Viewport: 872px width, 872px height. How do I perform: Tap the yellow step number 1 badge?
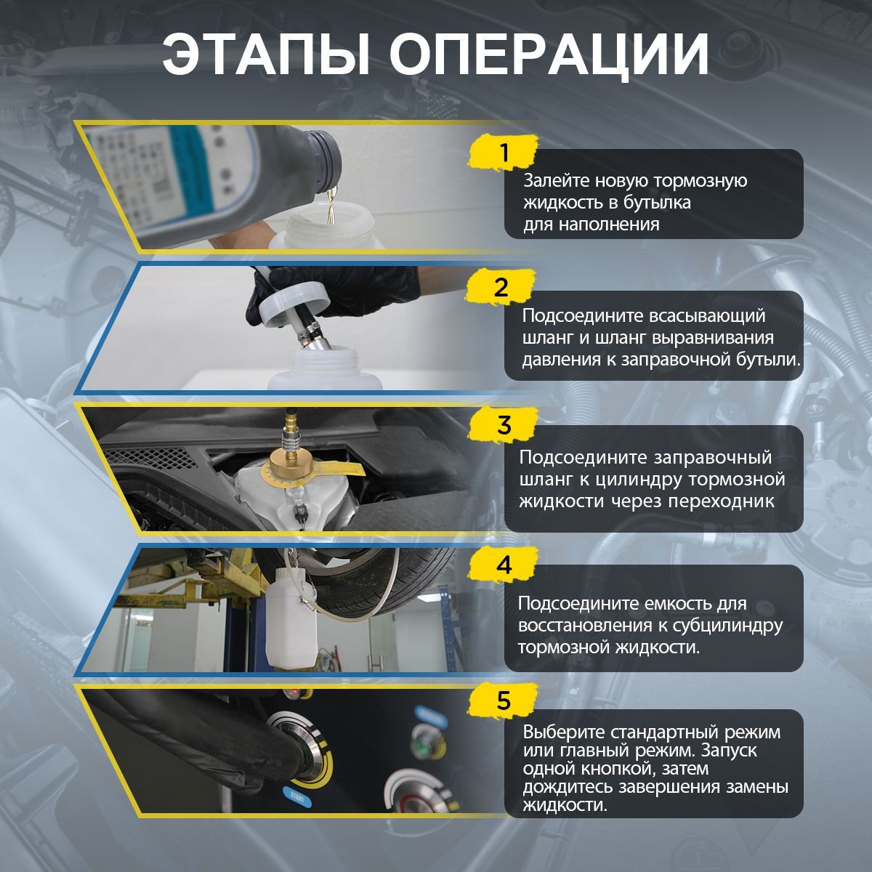(x=504, y=153)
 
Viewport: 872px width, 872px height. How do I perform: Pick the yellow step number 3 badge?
(x=504, y=425)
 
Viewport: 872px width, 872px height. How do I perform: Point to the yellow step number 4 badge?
(x=504, y=565)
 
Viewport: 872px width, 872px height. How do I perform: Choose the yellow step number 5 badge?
(x=504, y=701)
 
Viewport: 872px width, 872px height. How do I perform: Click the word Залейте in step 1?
(x=556, y=180)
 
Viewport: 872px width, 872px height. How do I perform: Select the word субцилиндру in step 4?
(x=728, y=626)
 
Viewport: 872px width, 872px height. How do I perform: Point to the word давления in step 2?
(x=556, y=360)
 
